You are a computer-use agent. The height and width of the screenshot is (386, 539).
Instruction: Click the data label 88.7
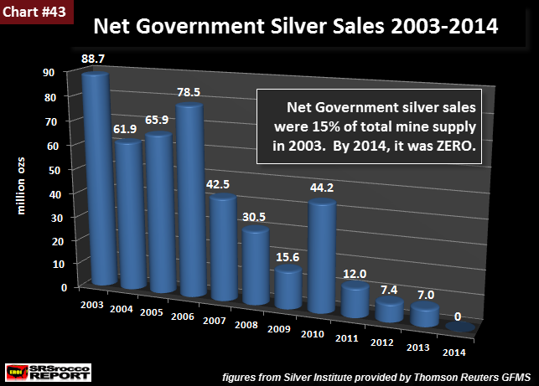94,59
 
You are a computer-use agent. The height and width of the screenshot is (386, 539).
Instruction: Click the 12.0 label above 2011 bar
354,275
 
